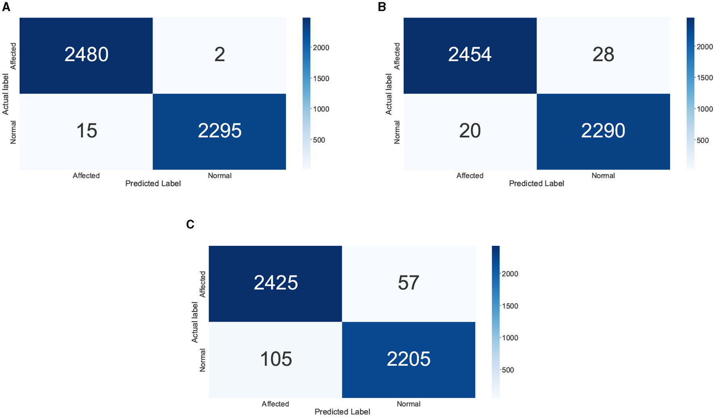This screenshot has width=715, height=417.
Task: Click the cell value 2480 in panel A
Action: click(x=86, y=54)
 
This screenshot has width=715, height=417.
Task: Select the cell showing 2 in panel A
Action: click(x=220, y=54)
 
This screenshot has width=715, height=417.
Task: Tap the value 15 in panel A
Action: click(x=86, y=131)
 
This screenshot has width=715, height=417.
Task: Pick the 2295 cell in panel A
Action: click(x=220, y=131)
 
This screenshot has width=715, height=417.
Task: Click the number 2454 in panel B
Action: click(x=470, y=54)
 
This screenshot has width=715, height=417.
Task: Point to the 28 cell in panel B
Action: click(x=603, y=54)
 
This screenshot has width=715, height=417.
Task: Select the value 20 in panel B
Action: click(x=470, y=131)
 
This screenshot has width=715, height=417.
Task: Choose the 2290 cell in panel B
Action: click(x=603, y=131)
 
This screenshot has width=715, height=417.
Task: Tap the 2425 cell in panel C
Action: click(x=276, y=283)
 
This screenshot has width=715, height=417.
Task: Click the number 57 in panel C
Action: click(x=408, y=283)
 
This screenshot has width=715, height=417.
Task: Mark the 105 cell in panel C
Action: click(x=276, y=359)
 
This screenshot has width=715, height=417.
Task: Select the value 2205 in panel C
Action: click(x=408, y=359)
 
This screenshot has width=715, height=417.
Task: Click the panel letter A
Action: click(x=6, y=7)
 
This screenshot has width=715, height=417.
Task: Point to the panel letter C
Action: click(x=190, y=224)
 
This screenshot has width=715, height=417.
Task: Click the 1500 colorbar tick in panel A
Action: click(x=321, y=78)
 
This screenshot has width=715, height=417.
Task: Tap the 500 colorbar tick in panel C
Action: click(x=508, y=370)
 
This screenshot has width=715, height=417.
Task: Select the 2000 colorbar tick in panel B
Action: click(x=705, y=47)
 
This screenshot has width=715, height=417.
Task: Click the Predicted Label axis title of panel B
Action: click(x=536, y=184)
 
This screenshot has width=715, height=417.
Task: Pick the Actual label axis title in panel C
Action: click(x=195, y=322)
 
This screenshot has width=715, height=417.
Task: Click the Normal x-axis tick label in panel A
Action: click(x=220, y=176)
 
